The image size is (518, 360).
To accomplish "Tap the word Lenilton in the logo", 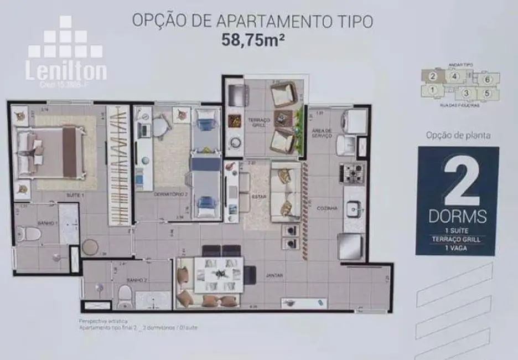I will tap(66, 70).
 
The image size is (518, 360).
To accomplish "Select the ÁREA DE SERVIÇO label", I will tap(322, 133).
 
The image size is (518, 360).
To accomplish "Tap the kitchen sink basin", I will tap(353, 209).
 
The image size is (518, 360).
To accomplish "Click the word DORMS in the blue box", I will tap(457, 215).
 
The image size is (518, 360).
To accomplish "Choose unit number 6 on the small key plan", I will tap(487, 79).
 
